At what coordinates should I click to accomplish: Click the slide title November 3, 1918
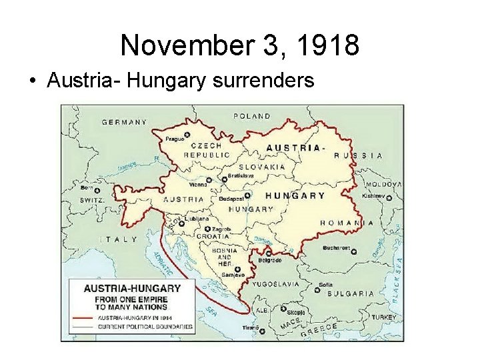pyautogui.click(x=240, y=45)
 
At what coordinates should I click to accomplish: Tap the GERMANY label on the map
pyautogui.click(x=124, y=122)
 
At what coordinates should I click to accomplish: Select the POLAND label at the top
pyautogui.click(x=251, y=116)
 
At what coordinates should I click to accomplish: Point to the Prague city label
pyautogui.click(x=174, y=139)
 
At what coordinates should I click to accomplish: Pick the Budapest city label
pyautogui.click(x=230, y=199)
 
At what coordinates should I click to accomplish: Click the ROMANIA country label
pyautogui.click(x=347, y=223)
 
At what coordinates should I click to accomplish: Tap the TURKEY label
pyautogui.click(x=384, y=317)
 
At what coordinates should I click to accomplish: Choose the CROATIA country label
pyautogui.click(x=213, y=236)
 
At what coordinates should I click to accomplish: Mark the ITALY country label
pyautogui.click(x=119, y=239)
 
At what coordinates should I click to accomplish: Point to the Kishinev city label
pyautogui.click(x=373, y=196)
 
